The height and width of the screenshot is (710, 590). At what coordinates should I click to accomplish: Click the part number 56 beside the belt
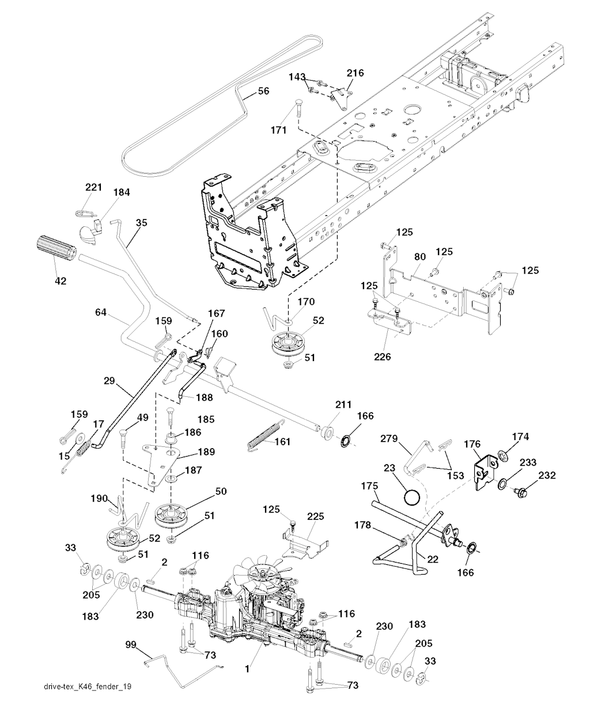(263, 91)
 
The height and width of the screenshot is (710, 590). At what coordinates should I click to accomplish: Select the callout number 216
(355, 73)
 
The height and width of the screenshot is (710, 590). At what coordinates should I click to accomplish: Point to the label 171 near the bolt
(278, 130)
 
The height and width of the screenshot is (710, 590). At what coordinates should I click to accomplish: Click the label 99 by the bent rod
(132, 646)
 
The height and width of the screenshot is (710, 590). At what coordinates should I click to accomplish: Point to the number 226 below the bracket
(382, 357)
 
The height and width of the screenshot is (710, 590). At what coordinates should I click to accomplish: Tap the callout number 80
(420, 257)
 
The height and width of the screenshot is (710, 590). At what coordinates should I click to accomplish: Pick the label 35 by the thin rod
(141, 221)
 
